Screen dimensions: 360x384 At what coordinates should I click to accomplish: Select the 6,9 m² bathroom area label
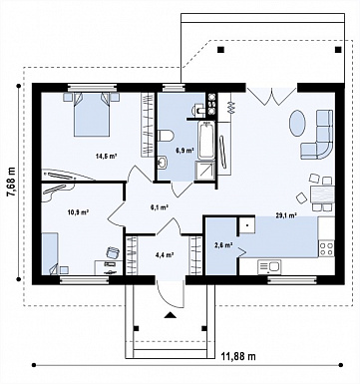184,151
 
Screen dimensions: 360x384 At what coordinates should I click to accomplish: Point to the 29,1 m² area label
286,215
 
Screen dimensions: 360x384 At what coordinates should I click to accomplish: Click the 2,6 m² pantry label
222,245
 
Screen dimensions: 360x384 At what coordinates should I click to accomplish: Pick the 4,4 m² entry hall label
166,255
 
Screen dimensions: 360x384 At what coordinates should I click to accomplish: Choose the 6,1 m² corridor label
160,207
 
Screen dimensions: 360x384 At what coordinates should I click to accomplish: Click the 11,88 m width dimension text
238,357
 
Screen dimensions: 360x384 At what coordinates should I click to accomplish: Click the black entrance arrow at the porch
170,315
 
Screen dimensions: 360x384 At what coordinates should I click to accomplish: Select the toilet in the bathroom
166,136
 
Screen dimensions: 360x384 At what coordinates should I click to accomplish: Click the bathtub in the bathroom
206,141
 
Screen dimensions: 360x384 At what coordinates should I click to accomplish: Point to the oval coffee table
297,123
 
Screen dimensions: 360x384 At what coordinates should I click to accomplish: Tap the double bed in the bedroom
92,115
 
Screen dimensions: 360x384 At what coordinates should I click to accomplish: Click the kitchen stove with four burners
326,249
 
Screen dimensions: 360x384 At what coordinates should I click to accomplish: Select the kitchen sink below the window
269,266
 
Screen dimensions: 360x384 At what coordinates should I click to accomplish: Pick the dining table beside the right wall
321,194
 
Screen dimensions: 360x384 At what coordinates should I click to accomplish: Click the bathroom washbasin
163,163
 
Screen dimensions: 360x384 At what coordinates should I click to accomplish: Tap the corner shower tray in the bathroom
205,171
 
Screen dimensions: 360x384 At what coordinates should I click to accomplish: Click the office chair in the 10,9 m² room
113,252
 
